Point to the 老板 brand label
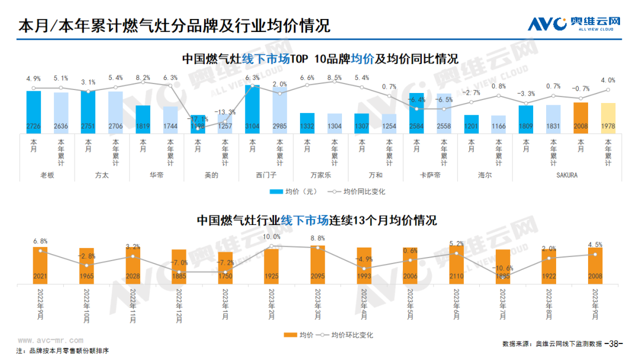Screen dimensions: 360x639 point(47,175)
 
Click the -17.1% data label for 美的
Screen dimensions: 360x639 point(197,119)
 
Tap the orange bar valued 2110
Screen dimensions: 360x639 point(456,265)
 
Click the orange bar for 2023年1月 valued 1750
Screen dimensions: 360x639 point(225,267)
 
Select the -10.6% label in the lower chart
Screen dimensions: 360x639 point(503,268)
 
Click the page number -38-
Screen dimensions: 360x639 point(616,343)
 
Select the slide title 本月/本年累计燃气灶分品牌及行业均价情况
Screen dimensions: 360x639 point(174,26)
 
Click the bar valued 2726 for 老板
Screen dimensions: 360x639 point(34,112)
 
